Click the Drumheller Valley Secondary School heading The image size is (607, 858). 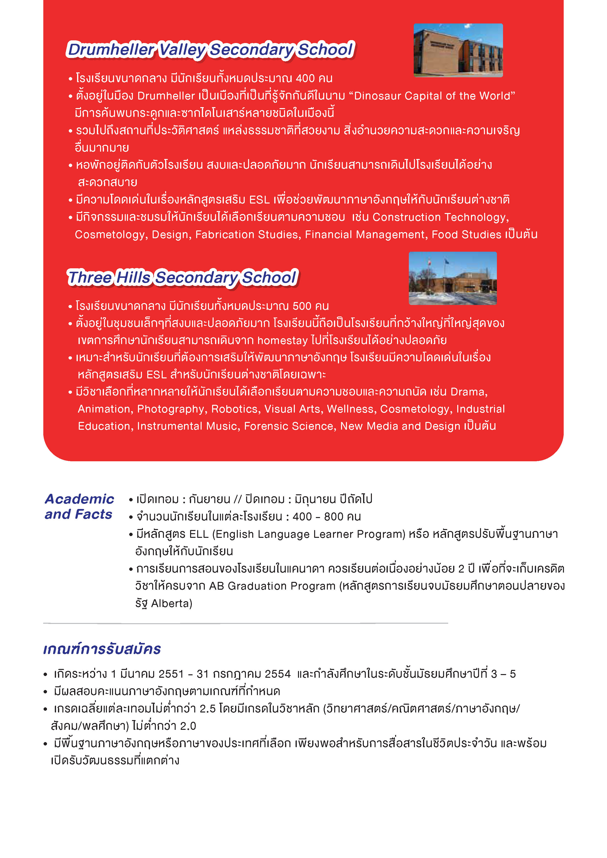(210, 50)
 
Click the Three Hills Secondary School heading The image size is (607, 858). (183, 278)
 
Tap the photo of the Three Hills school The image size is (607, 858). (452, 278)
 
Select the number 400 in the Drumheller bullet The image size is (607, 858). (305, 79)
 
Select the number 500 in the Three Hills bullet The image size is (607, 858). (302, 306)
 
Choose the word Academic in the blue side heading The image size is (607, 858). (79, 499)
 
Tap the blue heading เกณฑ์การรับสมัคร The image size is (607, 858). (102, 649)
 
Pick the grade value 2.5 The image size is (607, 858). (207, 709)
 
